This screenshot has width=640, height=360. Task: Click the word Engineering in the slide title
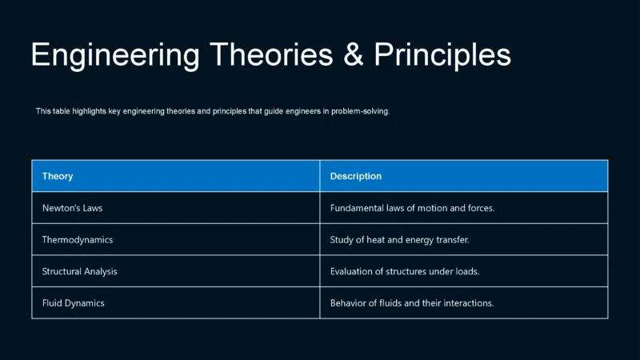[114, 54]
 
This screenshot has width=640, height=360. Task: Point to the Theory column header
[58, 176]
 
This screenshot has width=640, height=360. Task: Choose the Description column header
[356, 176]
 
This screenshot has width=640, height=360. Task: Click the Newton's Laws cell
[72, 208]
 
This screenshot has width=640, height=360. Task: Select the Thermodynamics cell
[77, 240]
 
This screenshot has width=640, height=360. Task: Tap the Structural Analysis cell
[79, 271]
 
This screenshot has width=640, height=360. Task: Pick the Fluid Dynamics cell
[73, 303]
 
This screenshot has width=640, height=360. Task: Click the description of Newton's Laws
[412, 208]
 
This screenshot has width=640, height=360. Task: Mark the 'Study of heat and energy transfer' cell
[399, 240]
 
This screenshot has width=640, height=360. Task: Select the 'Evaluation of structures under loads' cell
[404, 271]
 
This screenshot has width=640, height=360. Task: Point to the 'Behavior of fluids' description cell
[411, 303]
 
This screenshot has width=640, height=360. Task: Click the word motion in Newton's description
[434, 208]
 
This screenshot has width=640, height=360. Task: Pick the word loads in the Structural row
[466, 271]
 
